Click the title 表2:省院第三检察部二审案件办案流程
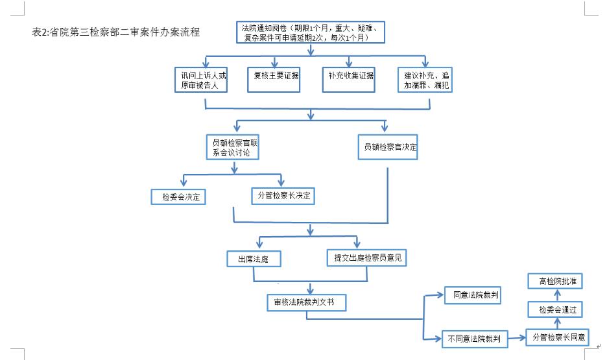[115, 31]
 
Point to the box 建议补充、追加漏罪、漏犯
[425, 80]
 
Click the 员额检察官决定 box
[388, 147]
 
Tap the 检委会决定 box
[178, 197]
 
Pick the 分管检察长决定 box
[283, 195]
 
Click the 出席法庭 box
[253, 259]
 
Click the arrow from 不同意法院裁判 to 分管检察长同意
[518, 337]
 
